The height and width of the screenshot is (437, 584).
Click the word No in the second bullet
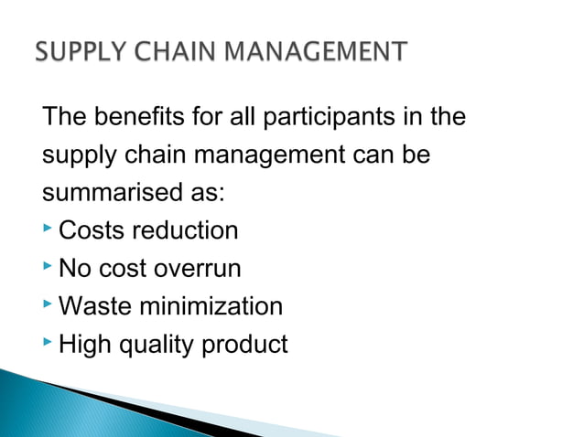73,270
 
